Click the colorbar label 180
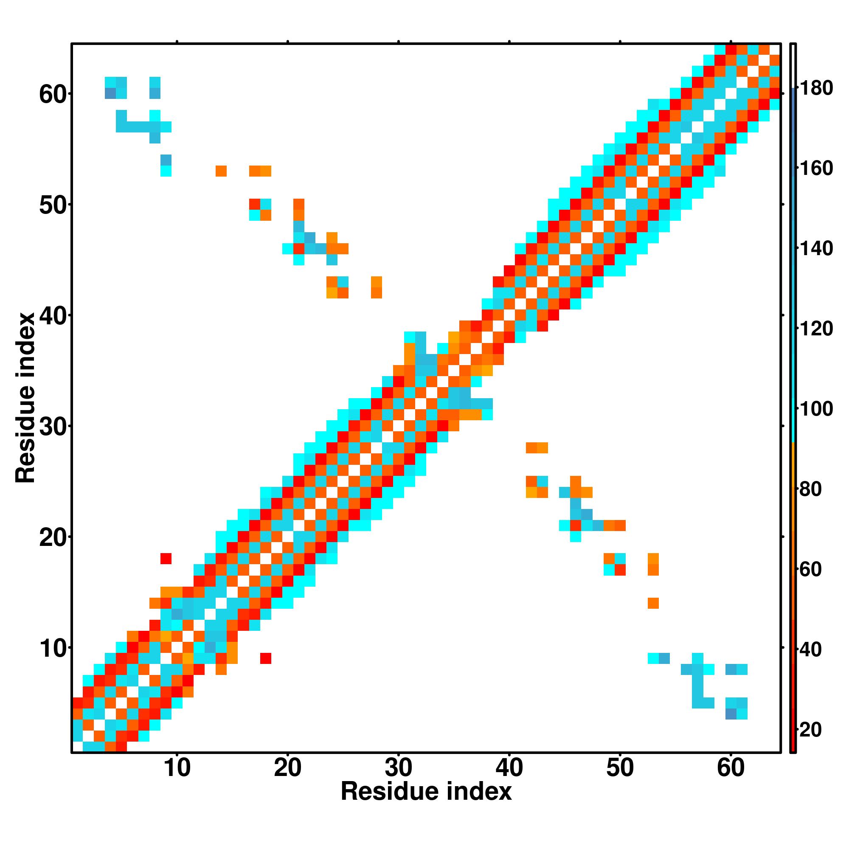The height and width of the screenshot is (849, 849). (x=815, y=88)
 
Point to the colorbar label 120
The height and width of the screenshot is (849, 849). (x=815, y=329)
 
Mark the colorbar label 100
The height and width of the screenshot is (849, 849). (x=815, y=409)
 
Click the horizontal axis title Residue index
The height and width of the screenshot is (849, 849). (x=426, y=792)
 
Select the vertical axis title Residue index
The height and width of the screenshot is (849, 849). (x=25, y=398)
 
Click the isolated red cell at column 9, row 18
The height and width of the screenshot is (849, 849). (x=166, y=559)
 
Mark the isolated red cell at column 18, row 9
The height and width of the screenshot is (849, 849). (x=265, y=658)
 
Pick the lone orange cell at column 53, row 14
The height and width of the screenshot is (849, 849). (x=653, y=603)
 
